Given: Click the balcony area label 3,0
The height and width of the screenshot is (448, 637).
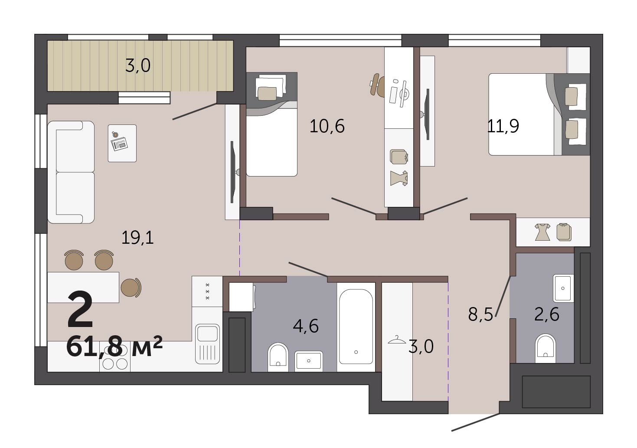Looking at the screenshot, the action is click(x=137, y=66).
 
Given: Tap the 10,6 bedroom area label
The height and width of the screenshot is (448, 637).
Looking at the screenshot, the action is click(x=327, y=126).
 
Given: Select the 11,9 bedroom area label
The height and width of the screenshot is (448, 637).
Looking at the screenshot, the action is click(x=503, y=126).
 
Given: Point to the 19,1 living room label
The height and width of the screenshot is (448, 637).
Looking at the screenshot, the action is click(x=137, y=238).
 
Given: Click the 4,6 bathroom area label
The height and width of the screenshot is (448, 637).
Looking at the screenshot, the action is click(x=306, y=326).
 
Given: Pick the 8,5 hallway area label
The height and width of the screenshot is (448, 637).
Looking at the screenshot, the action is click(x=480, y=314).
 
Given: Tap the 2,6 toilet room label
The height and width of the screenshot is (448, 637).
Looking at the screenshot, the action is click(x=546, y=314).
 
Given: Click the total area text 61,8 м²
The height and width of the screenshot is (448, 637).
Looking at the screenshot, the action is click(x=114, y=347).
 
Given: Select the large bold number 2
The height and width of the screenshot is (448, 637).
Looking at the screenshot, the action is click(x=80, y=310).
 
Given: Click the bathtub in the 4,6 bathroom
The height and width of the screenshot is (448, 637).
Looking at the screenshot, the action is click(x=356, y=327).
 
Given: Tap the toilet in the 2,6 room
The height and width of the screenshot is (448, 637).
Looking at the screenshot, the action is click(x=546, y=348).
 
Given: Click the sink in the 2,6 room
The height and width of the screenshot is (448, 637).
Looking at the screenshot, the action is click(x=563, y=288).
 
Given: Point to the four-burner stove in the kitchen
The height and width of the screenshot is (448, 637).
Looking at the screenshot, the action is click(x=115, y=362).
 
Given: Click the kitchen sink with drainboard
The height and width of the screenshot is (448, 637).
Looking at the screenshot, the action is click(x=208, y=344).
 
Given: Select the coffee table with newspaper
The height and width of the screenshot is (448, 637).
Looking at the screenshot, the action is click(x=122, y=144).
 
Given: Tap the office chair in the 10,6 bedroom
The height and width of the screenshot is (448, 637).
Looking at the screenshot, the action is click(x=377, y=84).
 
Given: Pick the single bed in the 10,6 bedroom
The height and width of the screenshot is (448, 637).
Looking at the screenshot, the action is click(x=271, y=124).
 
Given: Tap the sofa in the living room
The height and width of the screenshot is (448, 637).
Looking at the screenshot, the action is click(x=71, y=172).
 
